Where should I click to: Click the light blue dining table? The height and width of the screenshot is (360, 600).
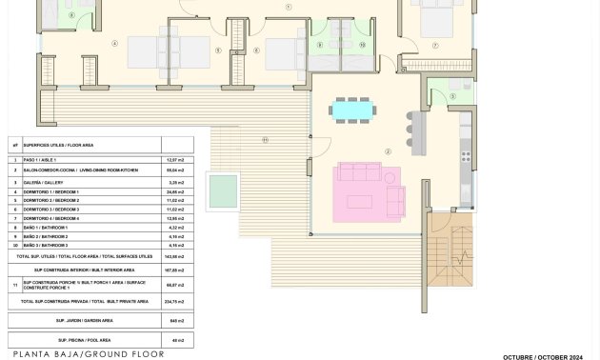[x=352, y=110]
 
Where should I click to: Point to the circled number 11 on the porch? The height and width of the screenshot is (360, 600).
[x=265, y=140]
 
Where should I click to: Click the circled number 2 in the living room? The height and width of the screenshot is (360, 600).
[x=388, y=151]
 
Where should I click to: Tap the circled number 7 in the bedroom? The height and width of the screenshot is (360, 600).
[x=435, y=45]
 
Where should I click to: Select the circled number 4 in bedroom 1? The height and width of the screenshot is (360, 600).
[x=115, y=43]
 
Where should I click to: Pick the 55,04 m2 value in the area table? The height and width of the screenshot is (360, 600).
[x=174, y=170]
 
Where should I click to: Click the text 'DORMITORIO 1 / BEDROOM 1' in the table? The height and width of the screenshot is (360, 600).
[x=52, y=191]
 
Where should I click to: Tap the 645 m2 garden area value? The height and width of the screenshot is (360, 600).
[x=175, y=320]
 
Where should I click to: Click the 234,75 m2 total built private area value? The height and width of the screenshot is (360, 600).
[x=175, y=301]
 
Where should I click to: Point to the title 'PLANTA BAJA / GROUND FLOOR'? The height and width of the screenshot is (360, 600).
[x=88, y=354]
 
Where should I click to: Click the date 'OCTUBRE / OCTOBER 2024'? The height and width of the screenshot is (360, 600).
[x=542, y=356]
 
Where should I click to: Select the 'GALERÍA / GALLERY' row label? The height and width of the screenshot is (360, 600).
[x=43, y=182]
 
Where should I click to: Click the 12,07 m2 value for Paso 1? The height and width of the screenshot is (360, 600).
[x=174, y=160]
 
